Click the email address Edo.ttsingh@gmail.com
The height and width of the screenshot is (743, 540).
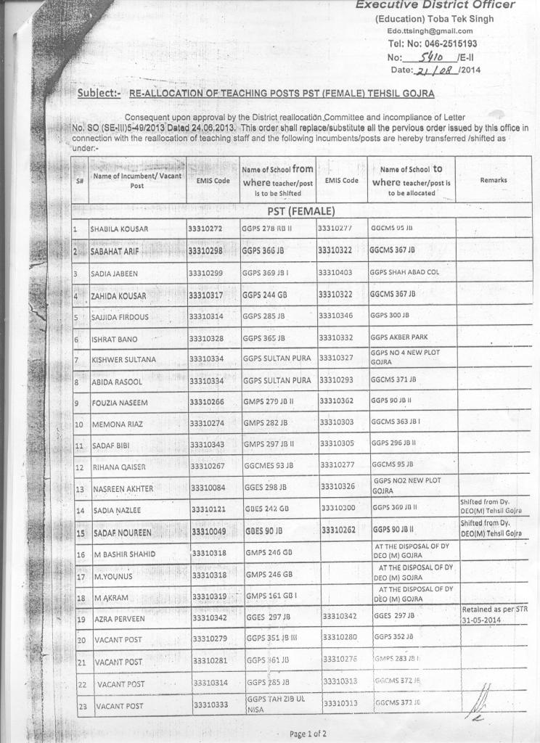430,31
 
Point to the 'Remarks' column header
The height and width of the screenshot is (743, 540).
494,180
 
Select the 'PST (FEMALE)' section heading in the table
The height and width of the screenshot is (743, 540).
300,212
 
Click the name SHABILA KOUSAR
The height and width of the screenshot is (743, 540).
119,229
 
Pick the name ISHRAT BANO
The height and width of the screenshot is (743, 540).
114,340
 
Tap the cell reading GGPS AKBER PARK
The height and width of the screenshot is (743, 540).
399,337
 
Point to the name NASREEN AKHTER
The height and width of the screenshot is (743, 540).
123,489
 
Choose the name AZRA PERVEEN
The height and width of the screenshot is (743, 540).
119,619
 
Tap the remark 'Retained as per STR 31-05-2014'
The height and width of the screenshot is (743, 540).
494,615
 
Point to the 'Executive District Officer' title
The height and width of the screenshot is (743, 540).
435,6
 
